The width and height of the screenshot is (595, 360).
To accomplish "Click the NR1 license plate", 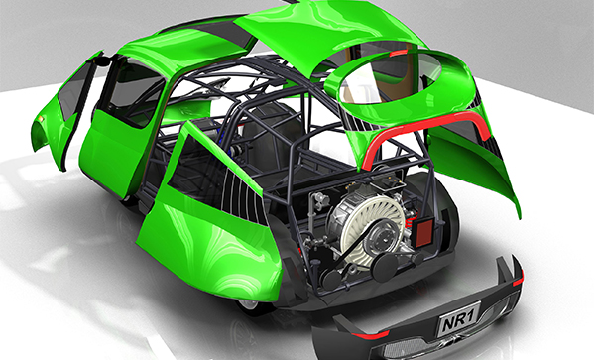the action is tap(459, 318).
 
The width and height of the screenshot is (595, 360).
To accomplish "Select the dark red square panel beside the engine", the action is tap(422, 232).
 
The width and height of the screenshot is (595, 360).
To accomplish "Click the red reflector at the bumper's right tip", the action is tap(518, 281).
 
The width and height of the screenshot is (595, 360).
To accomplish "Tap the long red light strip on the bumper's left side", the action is tap(370, 335).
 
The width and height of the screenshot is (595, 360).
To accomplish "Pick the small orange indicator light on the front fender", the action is tap(41, 119).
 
